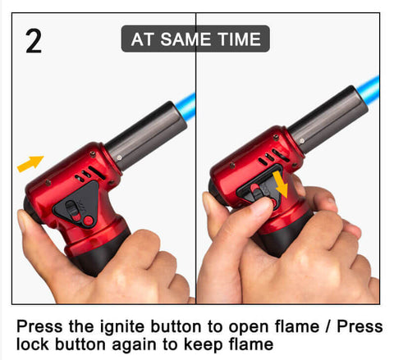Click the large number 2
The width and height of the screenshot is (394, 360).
pyautogui.click(x=34, y=41)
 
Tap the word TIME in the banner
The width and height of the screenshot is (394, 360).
pyautogui.click(x=239, y=39)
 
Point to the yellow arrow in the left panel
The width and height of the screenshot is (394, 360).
pyautogui.click(x=30, y=163)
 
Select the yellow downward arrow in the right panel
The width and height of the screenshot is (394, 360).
pyautogui.click(x=281, y=185)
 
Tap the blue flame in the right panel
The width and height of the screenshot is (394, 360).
pyautogui.click(x=369, y=89)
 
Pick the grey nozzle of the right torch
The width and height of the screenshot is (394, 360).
pyautogui.click(x=328, y=119)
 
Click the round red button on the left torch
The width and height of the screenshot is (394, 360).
pyautogui.click(x=88, y=221)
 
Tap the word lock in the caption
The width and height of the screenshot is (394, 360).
pyautogui.click(x=33, y=344)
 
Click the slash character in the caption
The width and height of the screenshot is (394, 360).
pyautogui.click(x=328, y=326)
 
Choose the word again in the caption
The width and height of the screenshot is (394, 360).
pyautogui.click(x=135, y=345)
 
